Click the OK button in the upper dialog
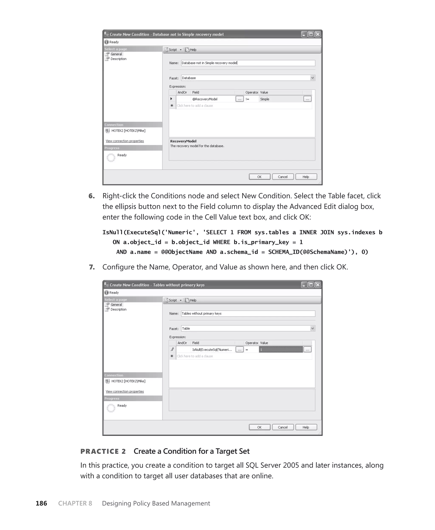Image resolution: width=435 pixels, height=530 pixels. tap(259, 177)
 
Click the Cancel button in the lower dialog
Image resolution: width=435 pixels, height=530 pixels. tap(283, 427)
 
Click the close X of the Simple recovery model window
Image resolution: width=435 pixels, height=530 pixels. tap(318, 34)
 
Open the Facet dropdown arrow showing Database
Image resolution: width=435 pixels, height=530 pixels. tap(312, 78)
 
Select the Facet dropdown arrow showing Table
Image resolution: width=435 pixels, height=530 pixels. tap(312, 328)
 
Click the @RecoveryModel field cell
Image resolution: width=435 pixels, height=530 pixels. tap(213, 99)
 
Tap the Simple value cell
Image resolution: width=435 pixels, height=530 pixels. tap(281, 99)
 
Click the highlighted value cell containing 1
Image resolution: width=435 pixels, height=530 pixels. tap(281, 350)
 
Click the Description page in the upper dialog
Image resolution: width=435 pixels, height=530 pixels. tap(118, 59)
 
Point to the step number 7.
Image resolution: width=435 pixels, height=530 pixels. tap(92, 267)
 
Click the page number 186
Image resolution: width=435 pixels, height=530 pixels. tap(41, 503)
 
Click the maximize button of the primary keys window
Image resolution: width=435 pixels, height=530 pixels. tap(311, 285)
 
